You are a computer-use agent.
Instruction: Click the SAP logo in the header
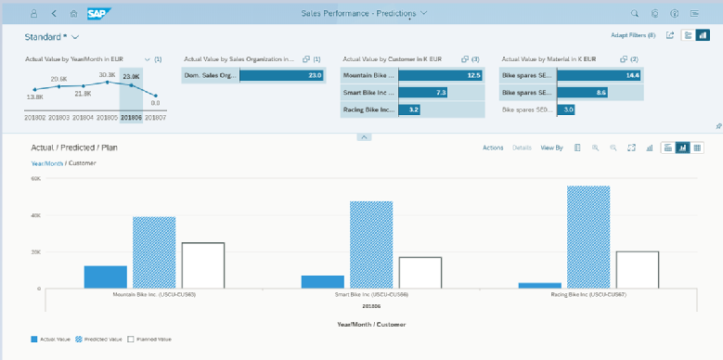pyautogui.click(x=97, y=14)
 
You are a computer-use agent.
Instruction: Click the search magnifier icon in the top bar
pyautogui.click(x=635, y=14)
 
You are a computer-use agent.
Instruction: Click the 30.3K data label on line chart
pyautogui.click(x=107, y=75)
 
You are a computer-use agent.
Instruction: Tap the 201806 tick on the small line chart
pyautogui.click(x=131, y=117)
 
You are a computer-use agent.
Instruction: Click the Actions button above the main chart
pyautogui.click(x=493, y=148)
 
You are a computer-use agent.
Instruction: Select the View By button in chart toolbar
pyautogui.click(x=551, y=148)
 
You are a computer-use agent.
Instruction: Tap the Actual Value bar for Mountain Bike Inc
pyautogui.click(x=105, y=276)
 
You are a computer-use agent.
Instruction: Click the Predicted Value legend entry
pyautogui.click(x=103, y=340)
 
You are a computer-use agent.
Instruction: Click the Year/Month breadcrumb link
pyautogui.click(x=47, y=163)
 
